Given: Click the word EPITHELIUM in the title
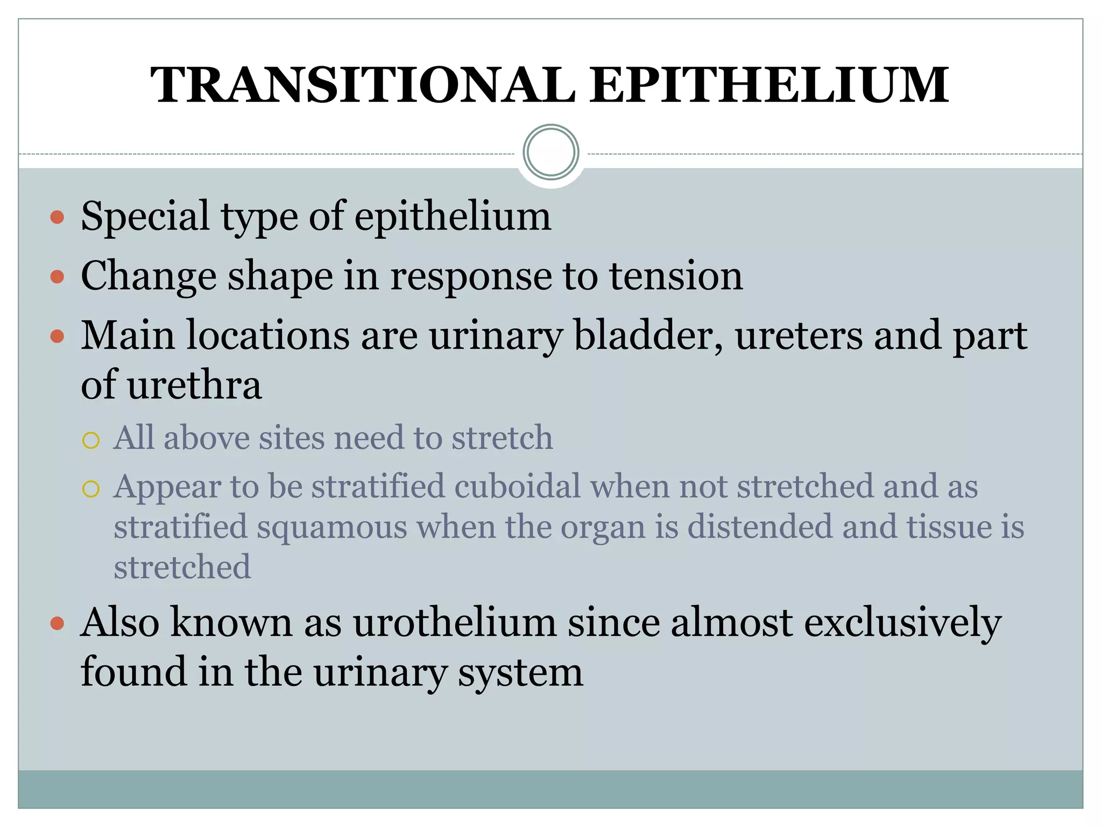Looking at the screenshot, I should tap(769, 85).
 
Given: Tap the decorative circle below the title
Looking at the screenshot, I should tap(550, 152).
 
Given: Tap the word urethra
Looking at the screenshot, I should tap(194, 386).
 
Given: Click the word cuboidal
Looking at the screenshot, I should tap(517, 486).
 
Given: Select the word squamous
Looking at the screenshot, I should tap(332, 527).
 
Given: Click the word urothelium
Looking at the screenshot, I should tap(455, 623).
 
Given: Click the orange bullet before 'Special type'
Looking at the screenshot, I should tap(57, 218).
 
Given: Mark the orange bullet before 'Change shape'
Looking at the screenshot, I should tap(57, 277).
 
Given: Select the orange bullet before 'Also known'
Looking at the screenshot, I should tap(57, 624).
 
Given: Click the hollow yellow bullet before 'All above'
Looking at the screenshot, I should tap(91, 440).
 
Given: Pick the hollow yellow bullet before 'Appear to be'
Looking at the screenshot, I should tap(91, 489).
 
